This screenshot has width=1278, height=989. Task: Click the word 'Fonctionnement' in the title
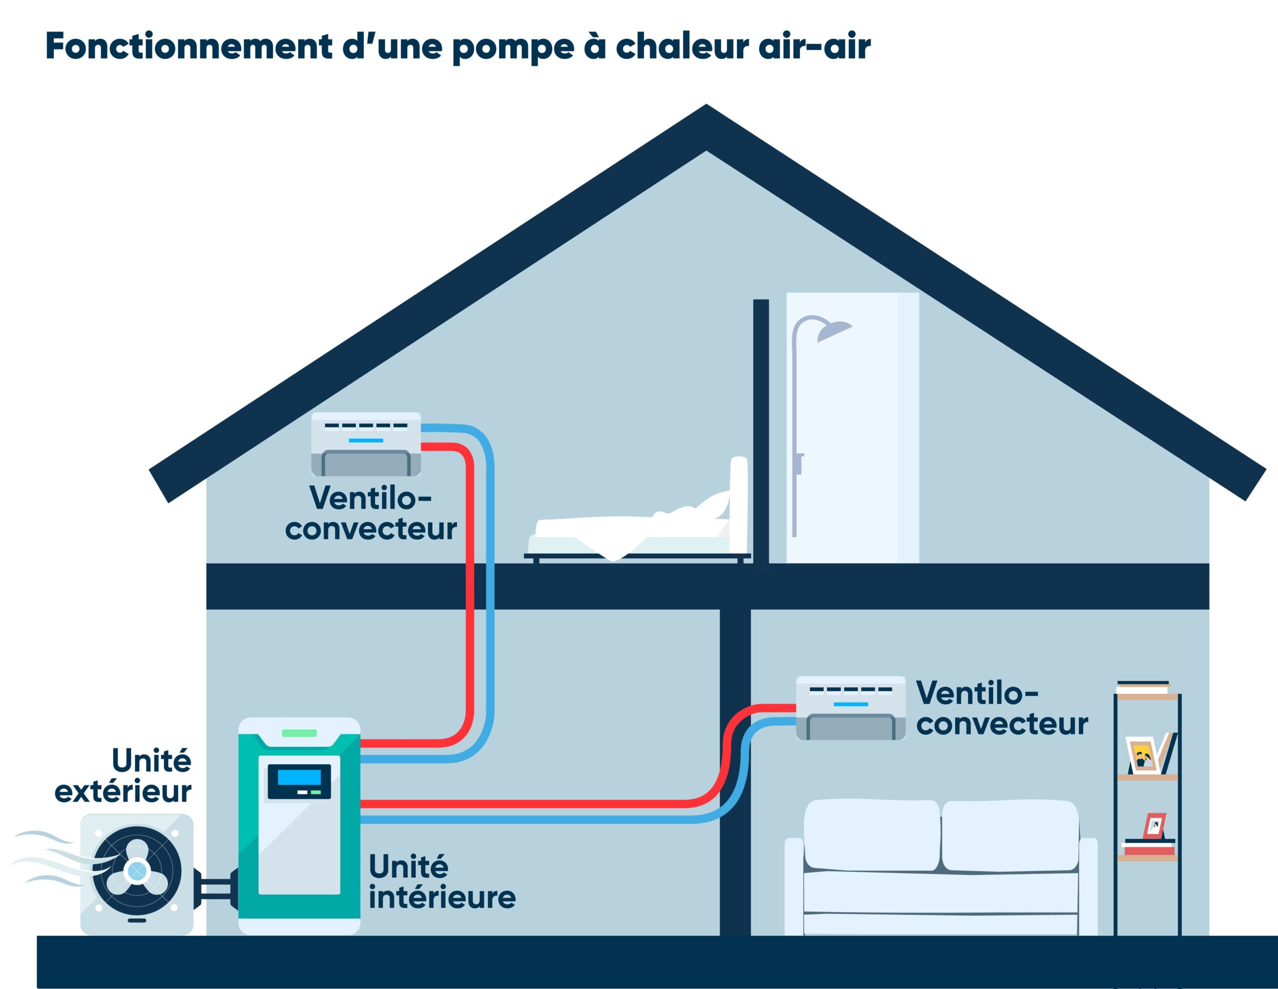point(188,47)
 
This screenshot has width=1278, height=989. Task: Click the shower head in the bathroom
point(833,331)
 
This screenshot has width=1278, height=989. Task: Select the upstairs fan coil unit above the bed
point(366,444)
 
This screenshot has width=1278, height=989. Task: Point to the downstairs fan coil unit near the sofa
point(850,708)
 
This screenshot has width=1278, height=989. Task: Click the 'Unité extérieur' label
point(124,776)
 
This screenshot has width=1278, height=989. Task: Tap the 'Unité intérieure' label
point(441,882)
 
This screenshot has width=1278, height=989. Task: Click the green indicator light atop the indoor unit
point(299,733)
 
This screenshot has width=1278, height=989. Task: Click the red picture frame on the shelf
point(1154,826)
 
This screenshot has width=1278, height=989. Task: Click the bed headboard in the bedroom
point(739,503)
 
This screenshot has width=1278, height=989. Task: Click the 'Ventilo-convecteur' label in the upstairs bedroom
point(371,513)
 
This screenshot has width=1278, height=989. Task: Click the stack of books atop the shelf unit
point(1143,687)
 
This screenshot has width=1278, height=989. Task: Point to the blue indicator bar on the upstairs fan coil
point(366,440)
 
